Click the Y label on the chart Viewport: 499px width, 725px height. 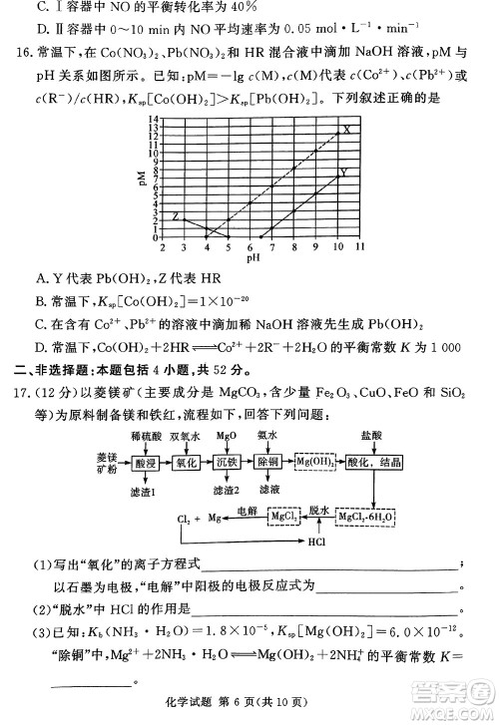[x=344, y=172]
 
